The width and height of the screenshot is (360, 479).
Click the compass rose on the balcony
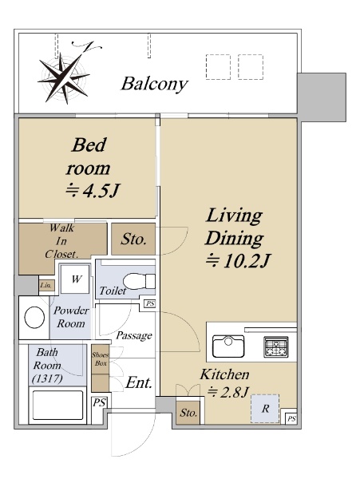(65, 77)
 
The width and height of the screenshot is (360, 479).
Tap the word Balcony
(154, 84)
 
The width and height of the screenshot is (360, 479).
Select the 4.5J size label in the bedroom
(93, 192)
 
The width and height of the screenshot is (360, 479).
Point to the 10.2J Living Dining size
(238, 261)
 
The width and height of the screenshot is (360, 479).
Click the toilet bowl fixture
(139, 281)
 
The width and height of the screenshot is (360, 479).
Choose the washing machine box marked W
(75, 279)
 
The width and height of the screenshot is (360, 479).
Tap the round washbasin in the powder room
(34, 318)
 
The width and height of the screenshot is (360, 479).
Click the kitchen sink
(228, 346)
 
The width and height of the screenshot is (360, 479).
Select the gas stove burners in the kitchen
(276, 346)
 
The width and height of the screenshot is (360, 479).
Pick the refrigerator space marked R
(265, 409)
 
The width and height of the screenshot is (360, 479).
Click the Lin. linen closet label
(46, 286)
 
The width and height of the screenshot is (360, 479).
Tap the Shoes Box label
(100, 359)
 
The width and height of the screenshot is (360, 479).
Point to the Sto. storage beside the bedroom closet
(133, 239)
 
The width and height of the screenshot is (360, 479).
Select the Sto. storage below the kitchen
(188, 413)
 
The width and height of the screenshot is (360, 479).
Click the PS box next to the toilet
(150, 303)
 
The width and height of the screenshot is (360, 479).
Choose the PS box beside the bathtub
(99, 402)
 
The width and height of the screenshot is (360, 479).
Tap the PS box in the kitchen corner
(291, 418)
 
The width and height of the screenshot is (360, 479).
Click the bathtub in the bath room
(57, 405)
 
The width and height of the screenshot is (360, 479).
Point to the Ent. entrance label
(139, 382)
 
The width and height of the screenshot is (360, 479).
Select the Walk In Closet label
(62, 241)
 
